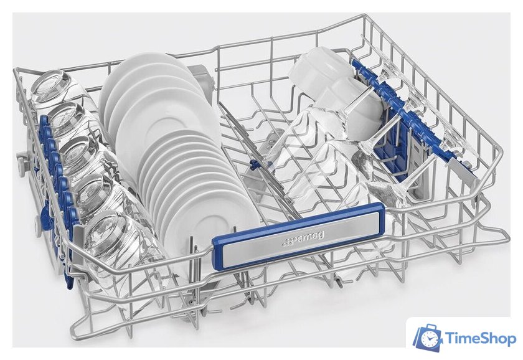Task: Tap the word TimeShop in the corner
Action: (480, 339)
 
